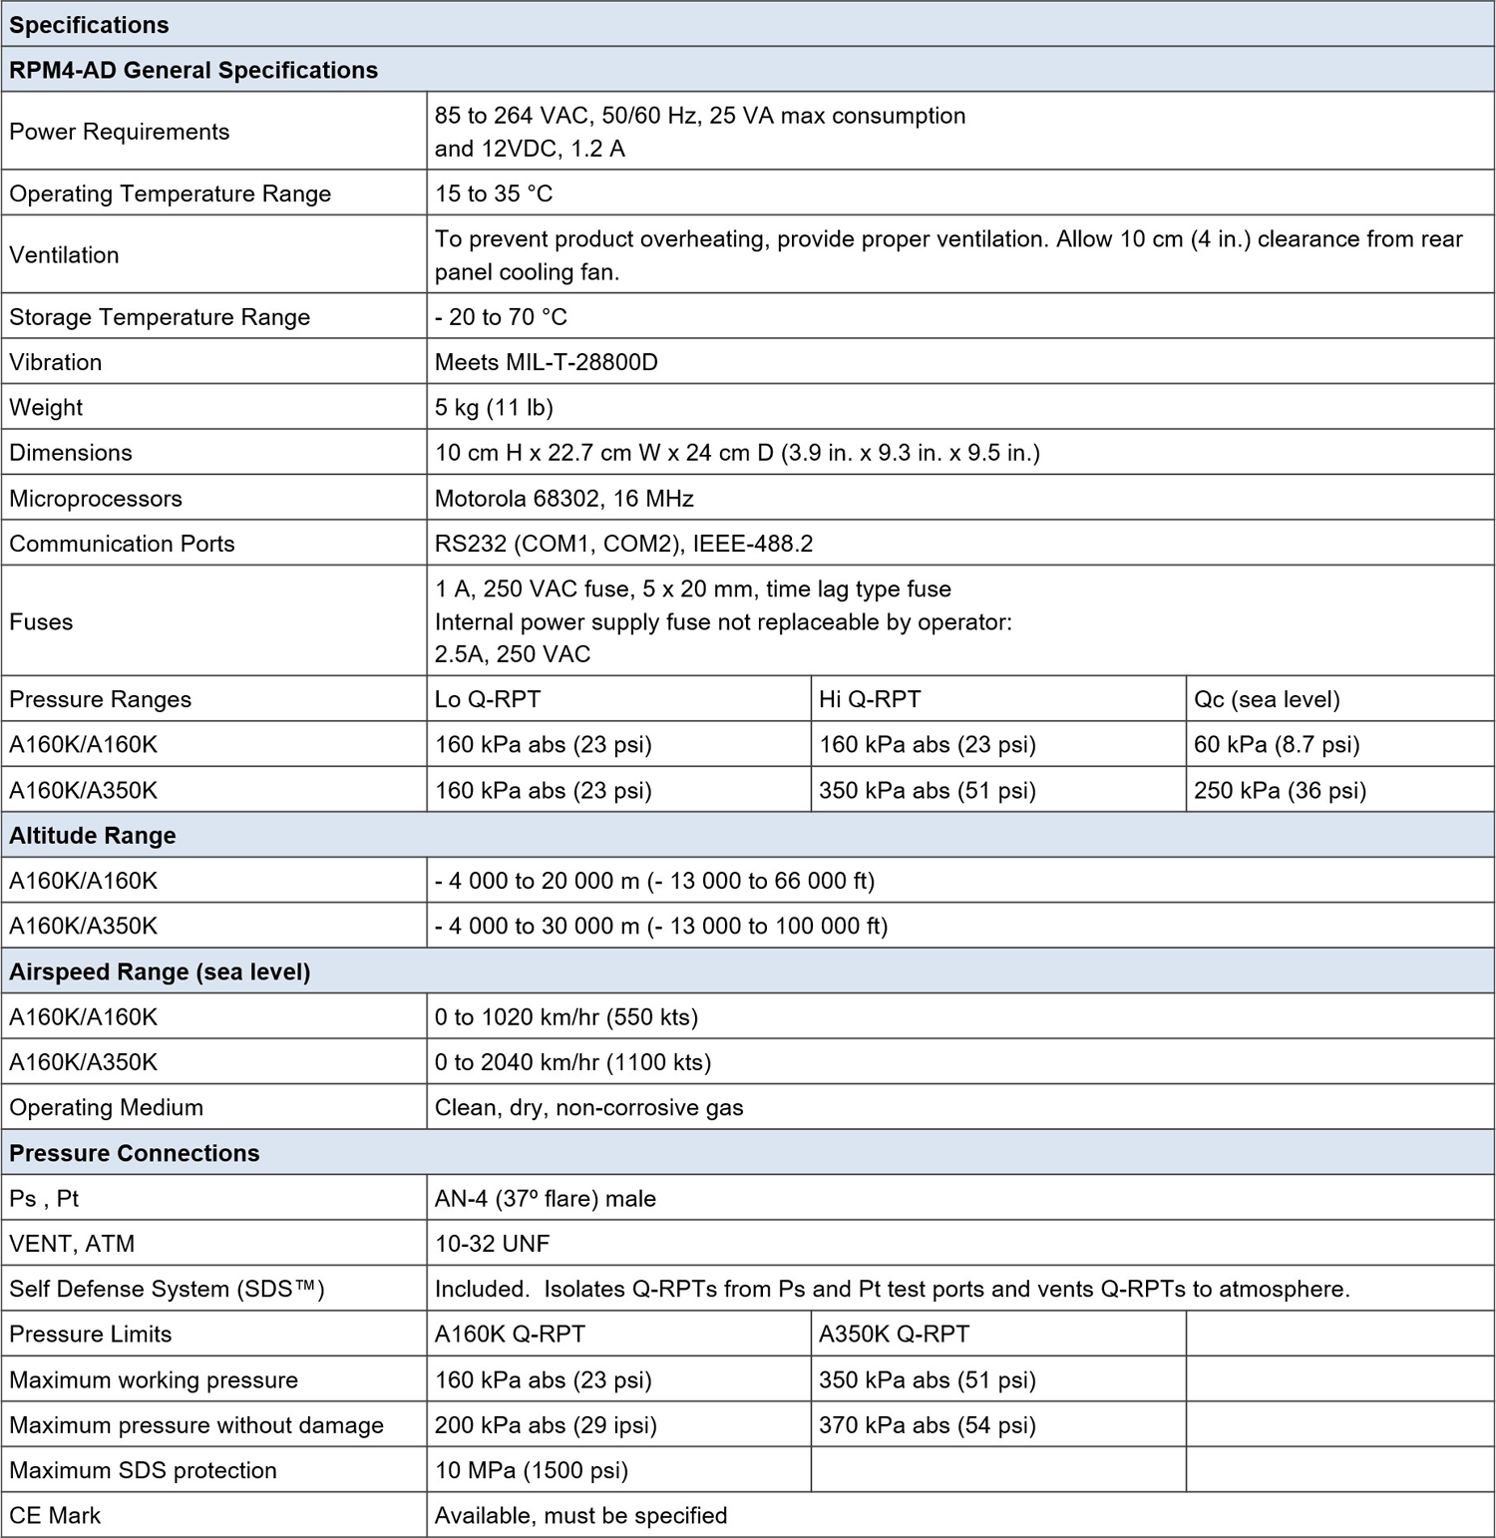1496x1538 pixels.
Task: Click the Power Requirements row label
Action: pos(119,132)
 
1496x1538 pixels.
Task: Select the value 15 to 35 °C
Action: pos(494,193)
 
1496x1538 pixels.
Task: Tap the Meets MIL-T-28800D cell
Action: pos(547,362)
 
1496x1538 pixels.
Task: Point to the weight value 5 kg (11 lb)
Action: pos(494,407)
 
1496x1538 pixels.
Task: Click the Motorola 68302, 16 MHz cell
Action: pos(563,498)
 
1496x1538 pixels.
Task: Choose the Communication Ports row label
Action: pos(122,544)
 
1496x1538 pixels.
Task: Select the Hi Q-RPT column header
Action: pos(870,699)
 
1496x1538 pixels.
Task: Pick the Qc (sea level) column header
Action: pos(1267,699)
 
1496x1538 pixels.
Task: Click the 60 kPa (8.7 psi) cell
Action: pos(1277,744)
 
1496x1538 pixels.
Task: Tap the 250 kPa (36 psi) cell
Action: pos(1280,790)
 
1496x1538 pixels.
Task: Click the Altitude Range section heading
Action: pos(93,836)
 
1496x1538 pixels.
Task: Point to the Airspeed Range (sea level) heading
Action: pos(160,971)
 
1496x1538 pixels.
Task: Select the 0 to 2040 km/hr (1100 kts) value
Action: pos(572,1062)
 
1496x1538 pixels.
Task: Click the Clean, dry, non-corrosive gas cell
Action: pos(588,1107)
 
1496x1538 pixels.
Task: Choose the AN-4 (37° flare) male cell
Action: pos(546,1198)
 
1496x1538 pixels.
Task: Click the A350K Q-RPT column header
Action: pos(894,1334)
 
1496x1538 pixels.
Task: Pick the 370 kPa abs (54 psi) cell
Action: pos(928,1425)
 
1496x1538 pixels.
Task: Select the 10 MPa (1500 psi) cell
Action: pos(532,1470)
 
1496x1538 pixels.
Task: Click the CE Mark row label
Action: pos(55,1515)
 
